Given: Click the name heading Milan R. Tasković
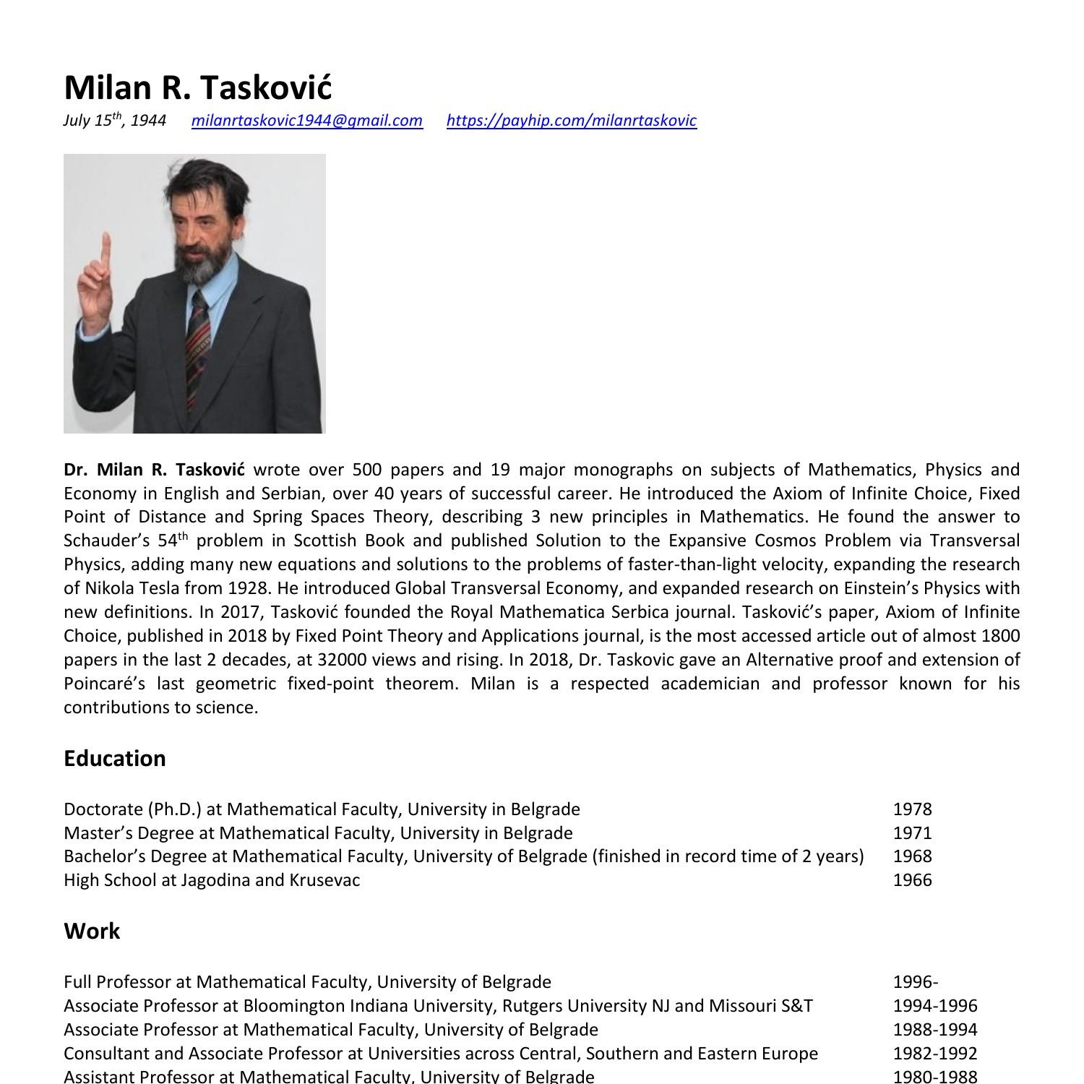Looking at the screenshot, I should coord(197,87).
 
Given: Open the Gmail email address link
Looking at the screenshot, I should coord(306,121).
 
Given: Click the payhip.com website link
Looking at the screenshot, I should coord(571,121).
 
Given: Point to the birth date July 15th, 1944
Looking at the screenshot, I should coord(114,121).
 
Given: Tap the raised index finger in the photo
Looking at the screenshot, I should coord(106,249).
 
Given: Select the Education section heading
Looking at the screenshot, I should coord(115,758).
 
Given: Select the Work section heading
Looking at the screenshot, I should coord(92,931).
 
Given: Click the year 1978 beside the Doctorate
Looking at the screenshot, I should coord(912,809).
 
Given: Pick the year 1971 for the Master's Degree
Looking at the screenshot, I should coord(912,833).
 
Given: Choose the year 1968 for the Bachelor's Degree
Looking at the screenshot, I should coord(912,856).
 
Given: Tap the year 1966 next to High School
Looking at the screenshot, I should coord(912,880).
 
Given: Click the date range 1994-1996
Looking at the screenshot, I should coord(934,1006).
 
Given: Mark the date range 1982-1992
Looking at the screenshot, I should coord(934,1054).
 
